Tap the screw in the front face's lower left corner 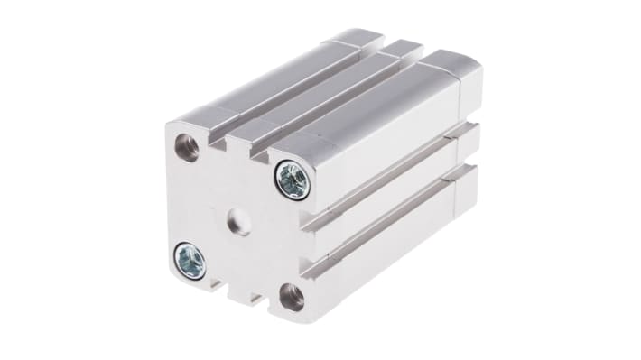pyautogui.click(x=190, y=261)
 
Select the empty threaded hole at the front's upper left pyautogui.click(x=187, y=147)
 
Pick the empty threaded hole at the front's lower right pyautogui.click(x=292, y=296)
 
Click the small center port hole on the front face pyautogui.click(x=239, y=219)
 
